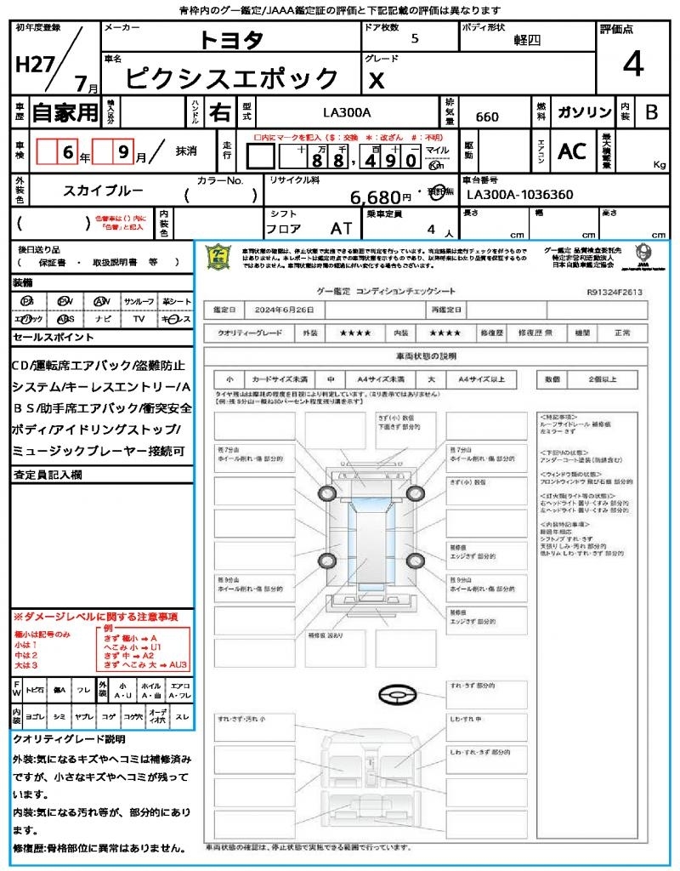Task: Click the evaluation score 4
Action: click(632, 65)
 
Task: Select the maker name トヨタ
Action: click(231, 39)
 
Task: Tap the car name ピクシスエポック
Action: click(232, 78)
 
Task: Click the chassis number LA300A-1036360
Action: click(520, 195)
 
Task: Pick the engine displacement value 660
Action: click(487, 117)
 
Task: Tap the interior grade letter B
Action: click(651, 113)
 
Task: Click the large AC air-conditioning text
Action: click(572, 151)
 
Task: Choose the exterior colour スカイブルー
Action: click(103, 191)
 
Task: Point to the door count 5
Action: click(414, 38)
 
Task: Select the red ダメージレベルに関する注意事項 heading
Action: click(95, 616)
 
